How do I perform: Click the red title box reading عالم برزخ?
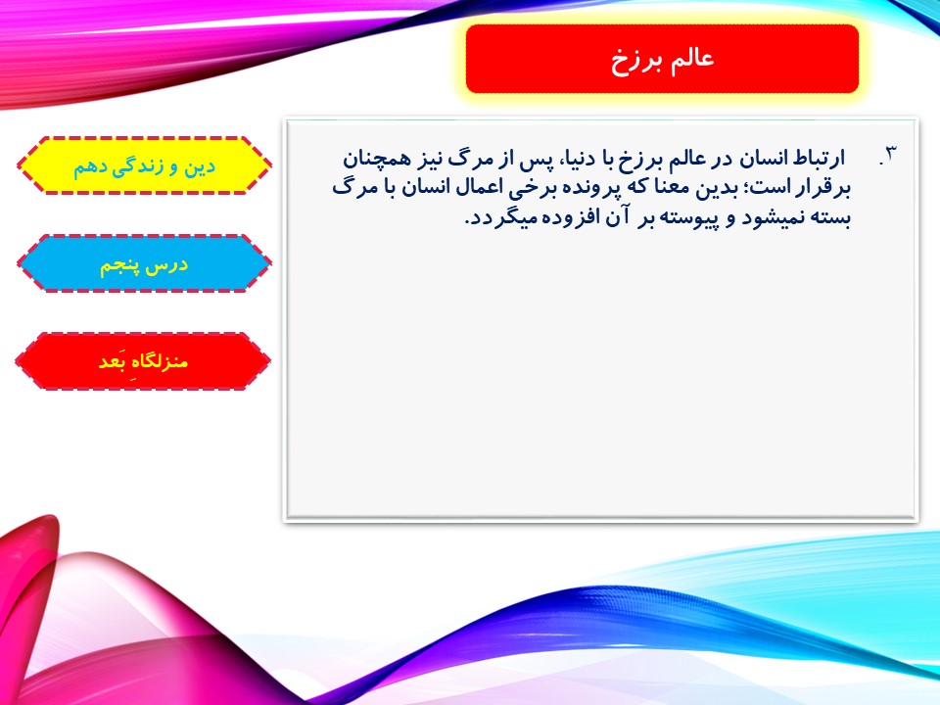(x=662, y=59)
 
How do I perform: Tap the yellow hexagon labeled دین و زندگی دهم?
(x=144, y=165)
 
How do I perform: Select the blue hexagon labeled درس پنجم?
(x=144, y=263)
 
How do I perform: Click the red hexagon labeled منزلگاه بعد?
(x=143, y=361)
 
